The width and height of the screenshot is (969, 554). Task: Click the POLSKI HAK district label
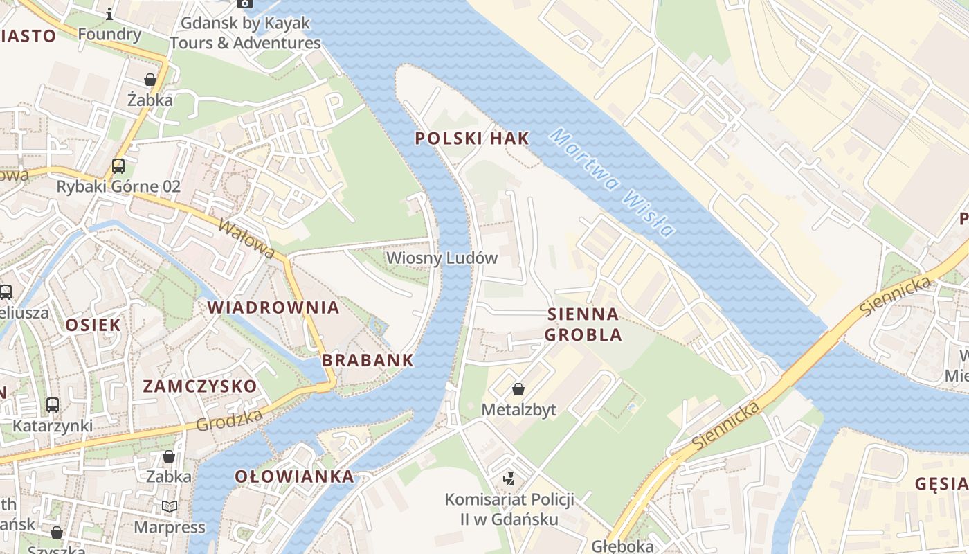click(472, 138)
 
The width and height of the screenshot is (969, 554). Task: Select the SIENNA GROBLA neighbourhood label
click(583, 325)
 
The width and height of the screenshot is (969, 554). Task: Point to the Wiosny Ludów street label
click(442, 258)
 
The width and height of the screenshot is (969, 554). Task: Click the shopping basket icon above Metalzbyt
click(518, 390)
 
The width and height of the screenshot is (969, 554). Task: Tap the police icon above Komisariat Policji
click(509, 479)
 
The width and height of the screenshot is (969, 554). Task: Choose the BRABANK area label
click(368, 360)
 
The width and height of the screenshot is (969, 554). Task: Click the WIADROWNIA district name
click(273, 307)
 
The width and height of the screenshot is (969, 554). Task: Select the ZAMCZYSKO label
click(199, 386)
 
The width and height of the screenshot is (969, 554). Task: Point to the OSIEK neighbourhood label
click(93, 325)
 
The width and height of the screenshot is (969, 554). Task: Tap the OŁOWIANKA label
click(294, 476)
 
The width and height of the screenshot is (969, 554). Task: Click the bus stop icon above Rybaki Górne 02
click(118, 166)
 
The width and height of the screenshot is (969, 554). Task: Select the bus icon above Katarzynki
click(53, 405)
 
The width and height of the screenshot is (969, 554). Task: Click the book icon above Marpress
click(170, 507)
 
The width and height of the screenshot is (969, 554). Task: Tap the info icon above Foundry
click(109, 14)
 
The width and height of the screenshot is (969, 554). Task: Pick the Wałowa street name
click(246, 239)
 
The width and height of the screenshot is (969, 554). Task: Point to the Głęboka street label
click(622, 546)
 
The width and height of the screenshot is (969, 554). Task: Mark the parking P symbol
click(334, 105)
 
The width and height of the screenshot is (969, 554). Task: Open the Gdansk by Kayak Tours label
click(245, 33)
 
